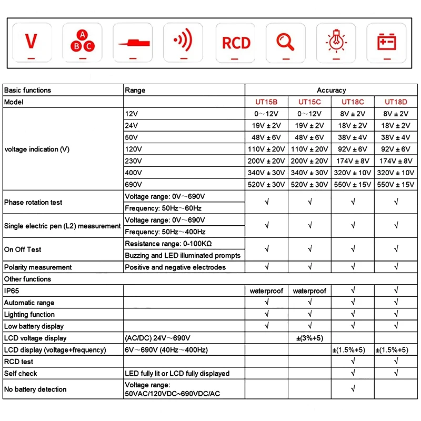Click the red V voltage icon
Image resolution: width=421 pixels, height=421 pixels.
point(32,41)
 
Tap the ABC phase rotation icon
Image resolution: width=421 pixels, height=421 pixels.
point(82,41)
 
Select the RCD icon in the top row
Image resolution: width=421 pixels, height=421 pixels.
point(236,42)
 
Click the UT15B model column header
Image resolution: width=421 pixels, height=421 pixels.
point(266,102)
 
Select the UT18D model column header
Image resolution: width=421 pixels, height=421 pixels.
point(396,102)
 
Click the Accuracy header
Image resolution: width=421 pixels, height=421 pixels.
point(331,90)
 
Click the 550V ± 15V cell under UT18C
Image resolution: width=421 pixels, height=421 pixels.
point(353,185)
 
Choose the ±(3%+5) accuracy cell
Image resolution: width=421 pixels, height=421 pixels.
point(309,338)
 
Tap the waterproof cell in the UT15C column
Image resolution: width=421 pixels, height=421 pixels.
point(309,290)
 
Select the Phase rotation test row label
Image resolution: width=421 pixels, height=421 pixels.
point(33,202)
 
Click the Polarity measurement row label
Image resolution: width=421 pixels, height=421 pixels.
point(38,267)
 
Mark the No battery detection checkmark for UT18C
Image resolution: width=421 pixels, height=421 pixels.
point(353,389)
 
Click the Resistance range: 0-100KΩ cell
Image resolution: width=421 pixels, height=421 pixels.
point(168,244)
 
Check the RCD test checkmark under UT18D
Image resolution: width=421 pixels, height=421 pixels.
point(396,362)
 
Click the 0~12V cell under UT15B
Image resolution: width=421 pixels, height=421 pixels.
point(266,114)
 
